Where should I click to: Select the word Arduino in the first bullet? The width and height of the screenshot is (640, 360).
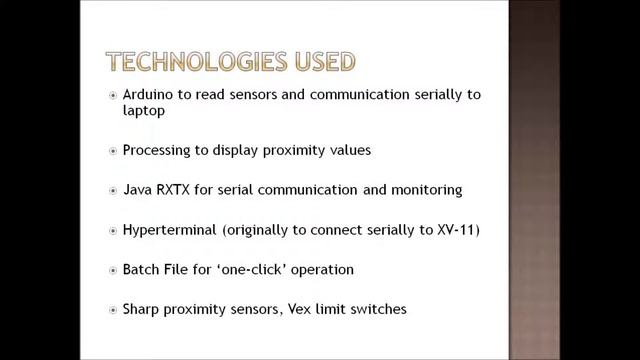147,95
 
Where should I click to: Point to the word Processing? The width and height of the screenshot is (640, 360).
156,150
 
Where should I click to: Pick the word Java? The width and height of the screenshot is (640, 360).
137,189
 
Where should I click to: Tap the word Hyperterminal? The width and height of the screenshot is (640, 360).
170,229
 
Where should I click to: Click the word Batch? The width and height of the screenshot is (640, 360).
141,269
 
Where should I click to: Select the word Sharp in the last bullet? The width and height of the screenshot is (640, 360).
142,309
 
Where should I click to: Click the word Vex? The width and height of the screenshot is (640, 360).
303,309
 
